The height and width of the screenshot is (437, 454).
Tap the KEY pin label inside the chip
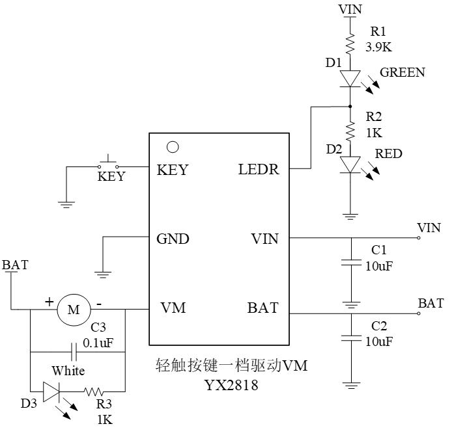(173, 170)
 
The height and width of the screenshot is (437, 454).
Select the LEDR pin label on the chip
(258, 170)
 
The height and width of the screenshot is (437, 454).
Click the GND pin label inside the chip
(173, 239)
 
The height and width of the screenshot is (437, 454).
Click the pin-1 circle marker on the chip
(173, 148)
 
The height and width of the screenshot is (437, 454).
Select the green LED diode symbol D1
(350, 79)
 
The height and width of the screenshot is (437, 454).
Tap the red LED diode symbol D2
(350, 164)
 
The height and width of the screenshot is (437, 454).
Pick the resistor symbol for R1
(350, 44)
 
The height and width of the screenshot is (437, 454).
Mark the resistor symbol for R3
(94, 392)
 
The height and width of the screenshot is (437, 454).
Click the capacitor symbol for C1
(350, 264)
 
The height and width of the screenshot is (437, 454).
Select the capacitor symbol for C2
(350, 338)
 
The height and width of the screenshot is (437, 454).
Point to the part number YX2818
(231, 386)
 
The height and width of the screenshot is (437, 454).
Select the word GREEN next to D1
(403, 72)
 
